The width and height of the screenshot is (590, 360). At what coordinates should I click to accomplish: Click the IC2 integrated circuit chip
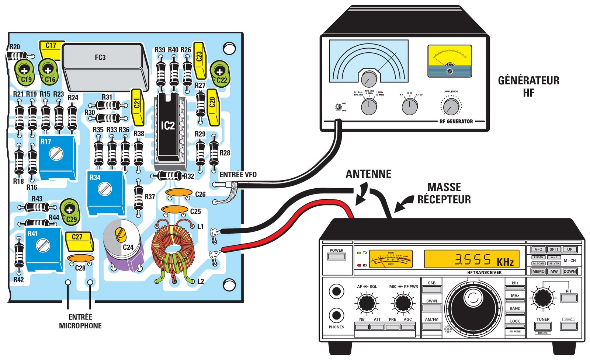(168, 127)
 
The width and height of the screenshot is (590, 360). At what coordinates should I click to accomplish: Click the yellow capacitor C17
(51, 49)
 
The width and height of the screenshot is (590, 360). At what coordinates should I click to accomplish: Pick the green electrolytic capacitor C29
(69, 212)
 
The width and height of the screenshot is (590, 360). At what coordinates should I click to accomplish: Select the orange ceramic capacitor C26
(179, 193)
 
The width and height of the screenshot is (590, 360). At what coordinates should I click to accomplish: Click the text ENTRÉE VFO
(238, 174)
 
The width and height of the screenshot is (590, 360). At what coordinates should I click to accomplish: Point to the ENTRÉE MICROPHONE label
(80, 321)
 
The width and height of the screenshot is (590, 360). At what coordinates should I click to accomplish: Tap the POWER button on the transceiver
(336, 256)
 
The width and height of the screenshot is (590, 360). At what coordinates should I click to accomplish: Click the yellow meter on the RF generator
(450, 61)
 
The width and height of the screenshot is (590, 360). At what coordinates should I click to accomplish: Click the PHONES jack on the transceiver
(336, 315)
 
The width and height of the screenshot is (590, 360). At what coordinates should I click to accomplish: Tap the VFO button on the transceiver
(538, 249)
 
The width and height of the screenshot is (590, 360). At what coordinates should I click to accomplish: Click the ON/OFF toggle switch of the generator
(338, 107)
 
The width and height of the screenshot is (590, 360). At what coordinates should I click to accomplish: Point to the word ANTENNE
(368, 174)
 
